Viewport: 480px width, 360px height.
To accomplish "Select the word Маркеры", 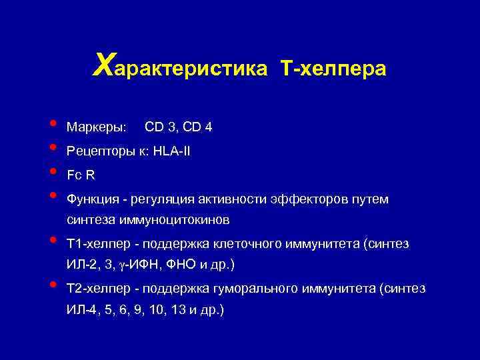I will [96, 126].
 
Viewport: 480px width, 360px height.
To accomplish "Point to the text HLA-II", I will [171, 151].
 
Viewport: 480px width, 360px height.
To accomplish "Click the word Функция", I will [93, 199].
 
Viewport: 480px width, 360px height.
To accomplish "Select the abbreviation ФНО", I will [179, 265].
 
